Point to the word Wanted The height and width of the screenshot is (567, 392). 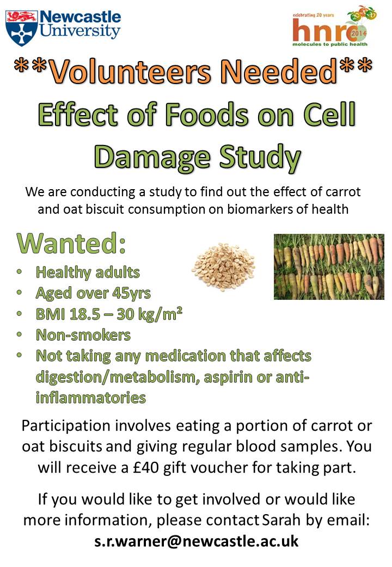(x=71, y=244)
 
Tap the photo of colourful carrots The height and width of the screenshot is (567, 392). (x=328, y=267)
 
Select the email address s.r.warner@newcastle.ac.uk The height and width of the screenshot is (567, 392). (x=196, y=541)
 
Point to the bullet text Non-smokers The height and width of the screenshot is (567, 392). (x=83, y=334)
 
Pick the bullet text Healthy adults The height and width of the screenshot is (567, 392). (x=88, y=272)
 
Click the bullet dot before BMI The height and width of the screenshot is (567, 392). (x=20, y=313)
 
